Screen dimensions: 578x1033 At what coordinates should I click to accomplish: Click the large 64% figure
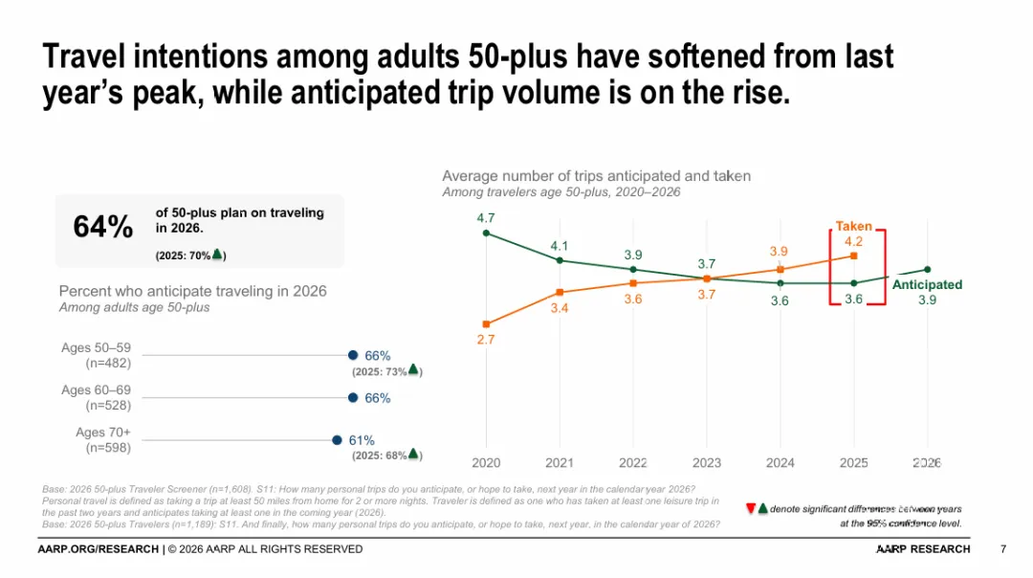click(x=103, y=227)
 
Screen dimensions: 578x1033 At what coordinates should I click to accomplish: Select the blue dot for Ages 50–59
click(x=353, y=355)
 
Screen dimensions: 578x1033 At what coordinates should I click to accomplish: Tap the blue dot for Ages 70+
click(x=337, y=440)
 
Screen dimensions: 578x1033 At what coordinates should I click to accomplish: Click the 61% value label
click(x=362, y=440)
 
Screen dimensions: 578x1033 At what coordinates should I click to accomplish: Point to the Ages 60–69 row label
click(x=97, y=398)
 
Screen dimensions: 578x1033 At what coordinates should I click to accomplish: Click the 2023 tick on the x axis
click(x=706, y=463)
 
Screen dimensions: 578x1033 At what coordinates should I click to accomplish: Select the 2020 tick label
click(x=486, y=463)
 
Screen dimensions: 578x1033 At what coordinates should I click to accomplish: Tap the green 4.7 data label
click(x=486, y=218)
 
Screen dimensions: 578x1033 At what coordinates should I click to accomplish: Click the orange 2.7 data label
click(x=486, y=340)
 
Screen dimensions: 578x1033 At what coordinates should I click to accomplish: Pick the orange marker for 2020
click(x=486, y=324)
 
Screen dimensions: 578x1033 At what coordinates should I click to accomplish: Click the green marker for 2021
click(x=560, y=260)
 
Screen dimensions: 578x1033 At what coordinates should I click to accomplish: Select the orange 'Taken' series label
click(x=853, y=227)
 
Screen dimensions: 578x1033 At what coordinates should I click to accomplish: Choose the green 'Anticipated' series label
click(x=927, y=285)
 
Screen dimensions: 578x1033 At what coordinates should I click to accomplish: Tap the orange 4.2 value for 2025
click(x=854, y=242)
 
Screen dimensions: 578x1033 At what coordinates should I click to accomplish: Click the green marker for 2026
click(x=927, y=269)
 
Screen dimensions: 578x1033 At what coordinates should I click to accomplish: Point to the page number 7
click(x=1002, y=549)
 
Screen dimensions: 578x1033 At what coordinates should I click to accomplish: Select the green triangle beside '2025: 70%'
click(x=217, y=255)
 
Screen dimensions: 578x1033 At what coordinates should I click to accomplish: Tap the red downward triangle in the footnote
click(x=750, y=508)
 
